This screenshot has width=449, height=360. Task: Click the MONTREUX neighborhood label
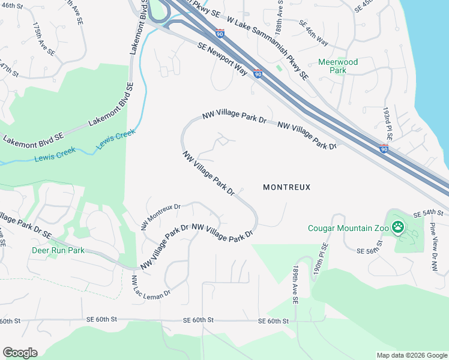287,187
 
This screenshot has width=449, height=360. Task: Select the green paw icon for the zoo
397,227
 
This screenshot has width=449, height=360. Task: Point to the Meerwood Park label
338,66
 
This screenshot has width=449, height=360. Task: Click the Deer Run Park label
58,250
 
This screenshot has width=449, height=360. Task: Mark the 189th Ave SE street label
296,284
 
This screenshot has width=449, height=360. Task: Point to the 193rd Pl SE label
388,124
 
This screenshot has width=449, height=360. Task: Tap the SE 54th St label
428,214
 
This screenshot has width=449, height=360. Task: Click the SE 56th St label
370,250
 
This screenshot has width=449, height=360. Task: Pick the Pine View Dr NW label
432,240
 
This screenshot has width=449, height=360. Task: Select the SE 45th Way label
313,32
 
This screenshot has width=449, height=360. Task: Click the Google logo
20,353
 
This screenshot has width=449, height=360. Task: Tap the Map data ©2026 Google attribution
412,355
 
